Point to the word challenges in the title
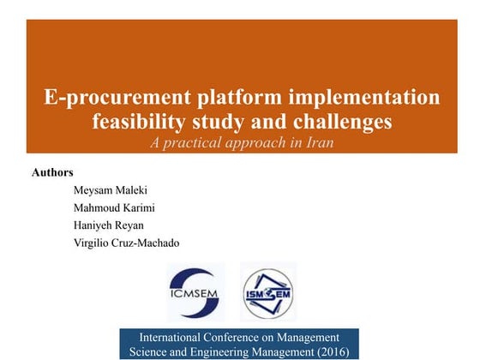click(x=341, y=121)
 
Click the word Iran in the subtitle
click(x=316, y=142)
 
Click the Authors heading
click(x=52, y=172)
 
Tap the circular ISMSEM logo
click(x=267, y=292)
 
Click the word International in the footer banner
click(x=171, y=337)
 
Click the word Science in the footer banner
click(x=147, y=351)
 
